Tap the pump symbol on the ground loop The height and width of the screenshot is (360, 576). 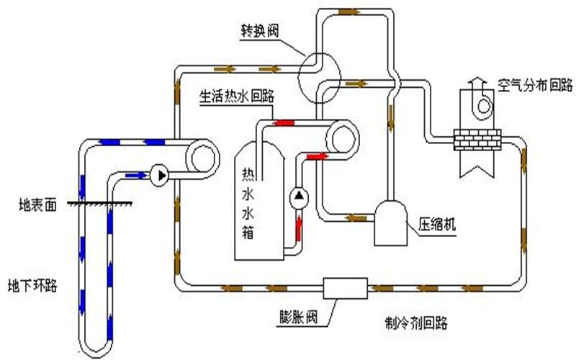click(160, 174)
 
